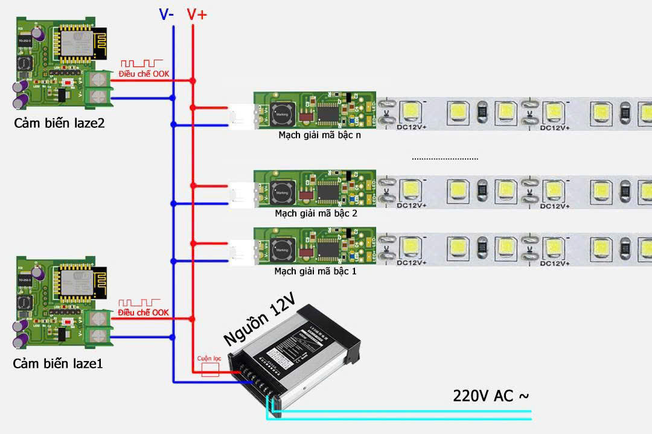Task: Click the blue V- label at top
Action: pyautogui.click(x=166, y=14)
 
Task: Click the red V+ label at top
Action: pyautogui.click(x=197, y=14)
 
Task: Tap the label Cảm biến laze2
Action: pyautogui.click(x=59, y=124)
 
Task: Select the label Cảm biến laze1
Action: pyautogui.click(x=59, y=364)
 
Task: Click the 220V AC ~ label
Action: pyautogui.click(x=491, y=396)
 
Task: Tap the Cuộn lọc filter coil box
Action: pyautogui.click(x=209, y=370)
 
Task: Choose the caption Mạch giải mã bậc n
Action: pyautogui.click(x=319, y=135)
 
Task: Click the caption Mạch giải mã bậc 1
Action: pyautogui.click(x=316, y=271)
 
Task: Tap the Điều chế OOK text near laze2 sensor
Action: pyautogui.click(x=144, y=74)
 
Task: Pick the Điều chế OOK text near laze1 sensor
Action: pyautogui.click(x=143, y=312)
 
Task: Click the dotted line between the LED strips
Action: pyautogui.click(x=445, y=159)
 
